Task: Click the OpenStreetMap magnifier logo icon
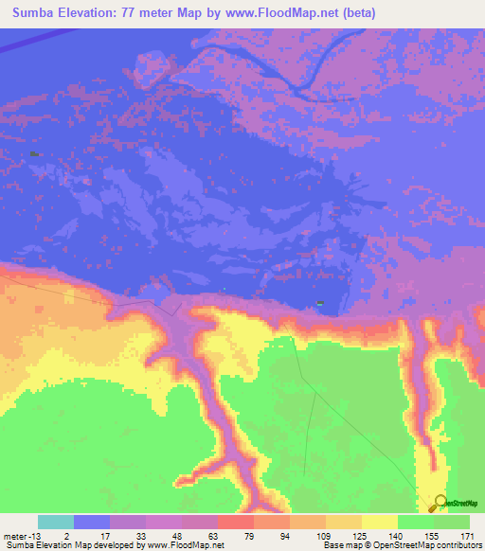click(x=440, y=504)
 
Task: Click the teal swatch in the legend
click(x=56, y=522)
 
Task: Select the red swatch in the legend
click(x=236, y=522)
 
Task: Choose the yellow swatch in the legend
click(x=380, y=522)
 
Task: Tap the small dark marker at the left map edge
click(x=34, y=153)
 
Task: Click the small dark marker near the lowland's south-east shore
click(x=320, y=303)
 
